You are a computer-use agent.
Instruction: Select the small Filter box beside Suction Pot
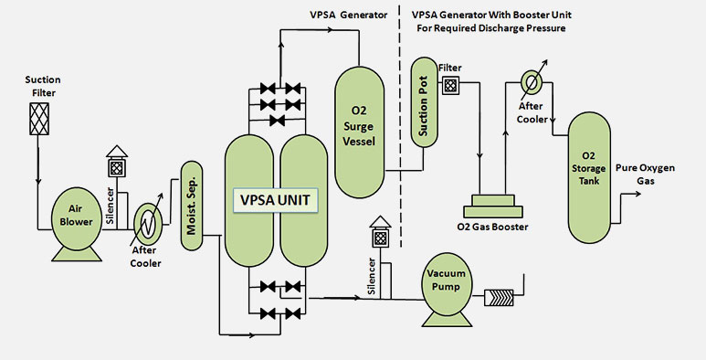tap(449, 85)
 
